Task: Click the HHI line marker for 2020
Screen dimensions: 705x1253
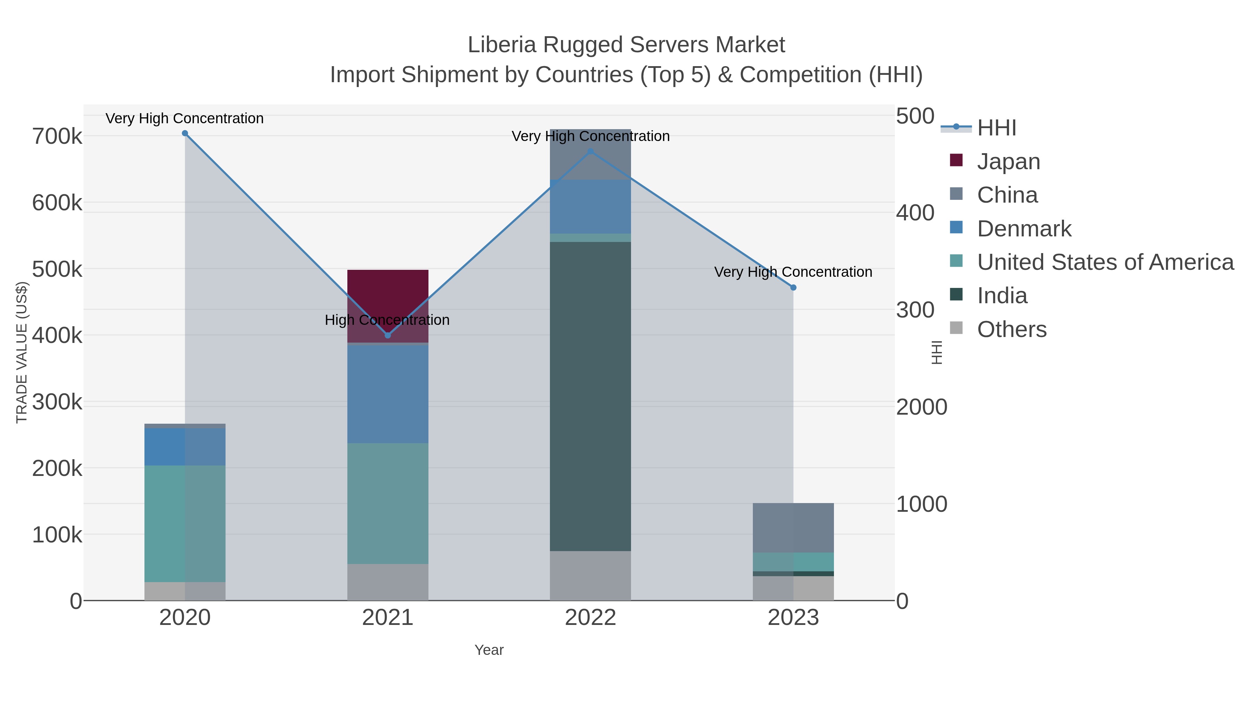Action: pyautogui.click(x=185, y=133)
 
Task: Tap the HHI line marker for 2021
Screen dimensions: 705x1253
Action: pyautogui.click(x=388, y=335)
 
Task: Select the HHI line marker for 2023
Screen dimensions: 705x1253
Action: pyautogui.click(x=793, y=288)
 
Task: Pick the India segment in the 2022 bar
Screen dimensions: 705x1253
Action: pyautogui.click(x=590, y=397)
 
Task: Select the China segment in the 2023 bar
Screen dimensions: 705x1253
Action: pyautogui.click(x=793, y=527)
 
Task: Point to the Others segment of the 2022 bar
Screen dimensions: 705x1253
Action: pyautogui.click(x=590, y=575)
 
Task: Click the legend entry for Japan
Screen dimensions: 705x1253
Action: pyautogui.click(x=1008, y=162)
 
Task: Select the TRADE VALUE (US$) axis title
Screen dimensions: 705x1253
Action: pyautogui.click(x=22, y=352)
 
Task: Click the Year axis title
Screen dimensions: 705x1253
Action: pyautogui.click(x=489, y=650)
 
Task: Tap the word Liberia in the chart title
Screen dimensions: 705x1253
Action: pyautogui.click(x=502, y=45)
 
